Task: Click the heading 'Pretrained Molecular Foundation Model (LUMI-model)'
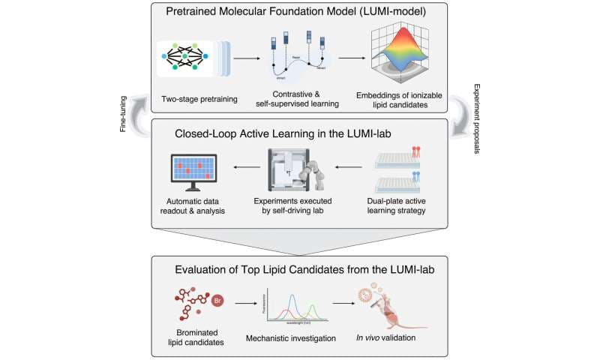(x=300, y=13)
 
